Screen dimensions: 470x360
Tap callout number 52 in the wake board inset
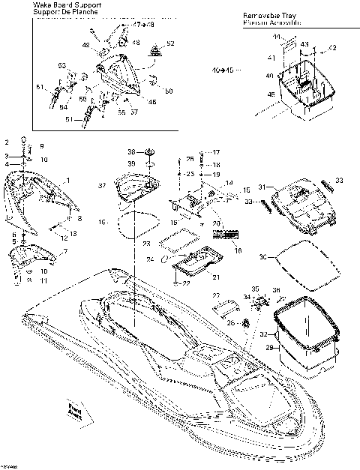coord(170,43)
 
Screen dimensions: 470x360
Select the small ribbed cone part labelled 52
coord(156,50)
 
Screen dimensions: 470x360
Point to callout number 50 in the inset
coord(169,91)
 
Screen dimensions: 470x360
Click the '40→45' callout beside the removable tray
coord(223,70)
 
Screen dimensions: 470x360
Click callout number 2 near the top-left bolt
coord(7,141)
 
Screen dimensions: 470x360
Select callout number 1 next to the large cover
coord(67,180)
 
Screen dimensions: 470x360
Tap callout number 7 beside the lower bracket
coord(65,250)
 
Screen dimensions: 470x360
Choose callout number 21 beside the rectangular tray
coord(216,277)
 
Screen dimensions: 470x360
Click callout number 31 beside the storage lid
coord(262,187)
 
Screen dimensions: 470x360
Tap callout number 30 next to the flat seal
coord(262,257)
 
